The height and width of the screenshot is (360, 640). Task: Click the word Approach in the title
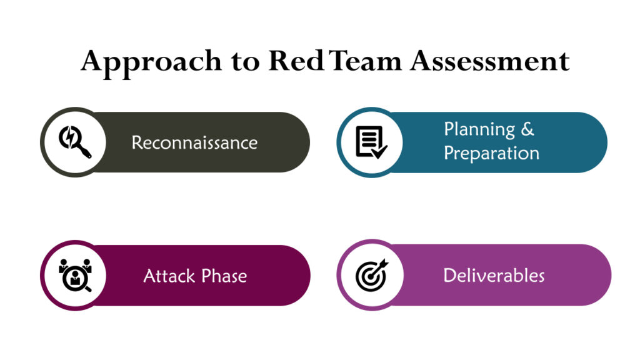(151, 61)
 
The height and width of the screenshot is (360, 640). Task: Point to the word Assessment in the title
(489, 61)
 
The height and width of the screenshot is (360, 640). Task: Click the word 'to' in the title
(245, 62)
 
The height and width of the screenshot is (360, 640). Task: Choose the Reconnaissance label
(194, 142)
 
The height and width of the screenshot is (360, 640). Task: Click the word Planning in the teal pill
(479, 129)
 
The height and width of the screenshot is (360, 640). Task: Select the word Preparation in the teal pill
(491, 153)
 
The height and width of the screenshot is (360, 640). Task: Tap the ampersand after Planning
(528, 129)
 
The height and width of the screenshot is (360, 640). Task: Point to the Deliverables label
(494, 275)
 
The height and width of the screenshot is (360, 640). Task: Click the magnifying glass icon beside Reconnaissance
(74, 142)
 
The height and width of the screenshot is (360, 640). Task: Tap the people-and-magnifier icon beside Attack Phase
(75, 275)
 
